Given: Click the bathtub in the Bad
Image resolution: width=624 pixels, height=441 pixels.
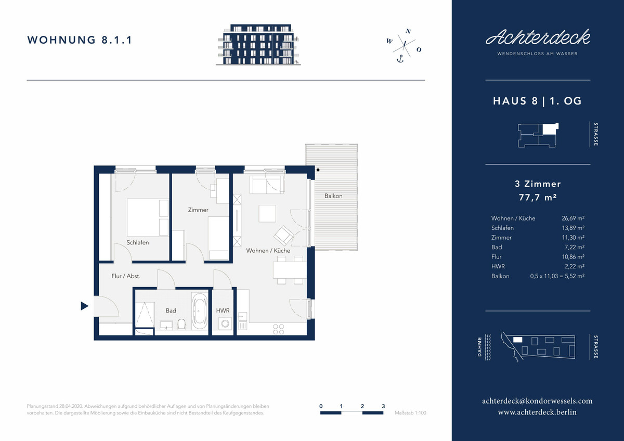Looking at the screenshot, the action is pyautogui.click(x=200, y=311).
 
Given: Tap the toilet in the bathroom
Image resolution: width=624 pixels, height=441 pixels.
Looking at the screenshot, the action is pyautogui.click(x=181, y=324).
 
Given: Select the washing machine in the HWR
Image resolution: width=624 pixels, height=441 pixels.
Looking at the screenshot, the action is pyautogui.click(x=225, y=323).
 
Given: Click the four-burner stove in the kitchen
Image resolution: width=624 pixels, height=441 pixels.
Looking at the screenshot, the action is pyautogui.click(x=278, y=329).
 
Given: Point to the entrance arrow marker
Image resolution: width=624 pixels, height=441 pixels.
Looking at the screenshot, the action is pyautogui.click(x=84, y=306).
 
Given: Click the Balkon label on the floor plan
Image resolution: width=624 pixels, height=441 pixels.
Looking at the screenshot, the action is pyautogui.click(x=333, y=196).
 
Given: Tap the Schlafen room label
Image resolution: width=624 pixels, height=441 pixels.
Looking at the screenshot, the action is pyautogui.click(x=138, y=242).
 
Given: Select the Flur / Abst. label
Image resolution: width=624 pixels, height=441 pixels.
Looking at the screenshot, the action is pyautogui.click(x=126, y=276).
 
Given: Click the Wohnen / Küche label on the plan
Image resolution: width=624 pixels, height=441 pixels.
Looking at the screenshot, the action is pyautogui.click(x=268, y=251).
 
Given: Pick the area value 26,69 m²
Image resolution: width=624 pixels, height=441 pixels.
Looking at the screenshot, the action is pyautogui.click(x=573, y=218).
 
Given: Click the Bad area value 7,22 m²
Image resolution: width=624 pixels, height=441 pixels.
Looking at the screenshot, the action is pyautogui.click(x=575, y=247).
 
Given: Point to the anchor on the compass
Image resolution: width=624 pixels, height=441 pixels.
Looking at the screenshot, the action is pyautogui.click(x=400, y=59).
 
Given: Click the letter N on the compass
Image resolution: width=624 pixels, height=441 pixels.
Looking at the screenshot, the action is pyautogui.click(x=408, y=31).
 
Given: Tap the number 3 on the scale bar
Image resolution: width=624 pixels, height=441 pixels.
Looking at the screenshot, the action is pyautogui.click(x=383, y=406).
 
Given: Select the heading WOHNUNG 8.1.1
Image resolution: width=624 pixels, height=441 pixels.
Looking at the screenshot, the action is pyautogui.click(x=80, y=40).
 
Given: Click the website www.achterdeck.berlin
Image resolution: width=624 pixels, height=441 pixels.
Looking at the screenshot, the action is pyautogui.click(x=537, y=412).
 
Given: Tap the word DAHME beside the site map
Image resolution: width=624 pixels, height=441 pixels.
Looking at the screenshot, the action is pyautogui.click(x=479, y=347).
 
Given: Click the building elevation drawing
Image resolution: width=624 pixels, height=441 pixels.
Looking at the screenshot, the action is pyautogui.click(x=258, y=45).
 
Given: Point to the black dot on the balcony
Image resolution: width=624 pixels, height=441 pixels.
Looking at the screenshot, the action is pyautogui.click(x=318, y=170).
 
